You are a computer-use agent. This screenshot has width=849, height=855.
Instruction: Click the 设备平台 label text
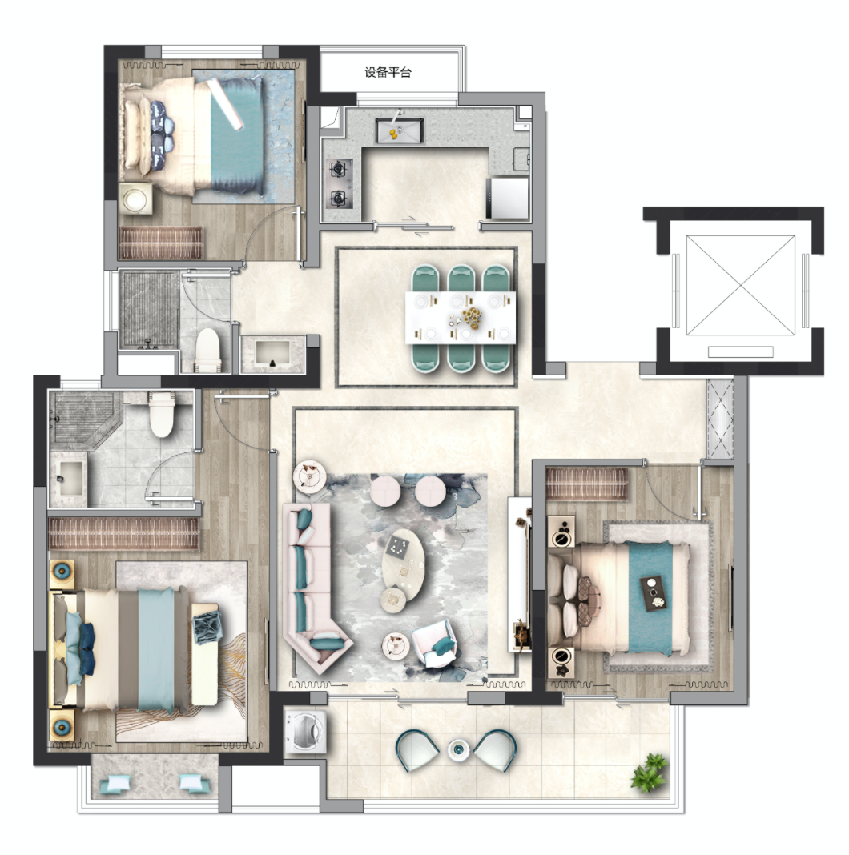388,73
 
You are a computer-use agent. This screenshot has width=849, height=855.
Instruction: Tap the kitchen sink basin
400,130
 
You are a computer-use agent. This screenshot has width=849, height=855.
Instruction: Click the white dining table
461,317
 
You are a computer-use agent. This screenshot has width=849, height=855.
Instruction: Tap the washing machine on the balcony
304,732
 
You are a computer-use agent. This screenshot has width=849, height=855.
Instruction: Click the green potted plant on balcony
650,770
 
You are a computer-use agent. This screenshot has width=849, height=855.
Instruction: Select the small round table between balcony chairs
457,750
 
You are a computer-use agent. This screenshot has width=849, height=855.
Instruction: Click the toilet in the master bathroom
162,415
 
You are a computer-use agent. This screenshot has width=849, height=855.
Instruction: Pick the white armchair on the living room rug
433,645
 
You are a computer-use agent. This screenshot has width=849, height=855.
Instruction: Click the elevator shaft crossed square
740,286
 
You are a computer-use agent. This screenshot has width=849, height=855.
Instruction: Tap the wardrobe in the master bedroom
124,533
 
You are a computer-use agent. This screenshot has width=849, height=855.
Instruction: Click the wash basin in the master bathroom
68,478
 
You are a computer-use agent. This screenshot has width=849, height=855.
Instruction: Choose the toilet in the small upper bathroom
207,349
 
